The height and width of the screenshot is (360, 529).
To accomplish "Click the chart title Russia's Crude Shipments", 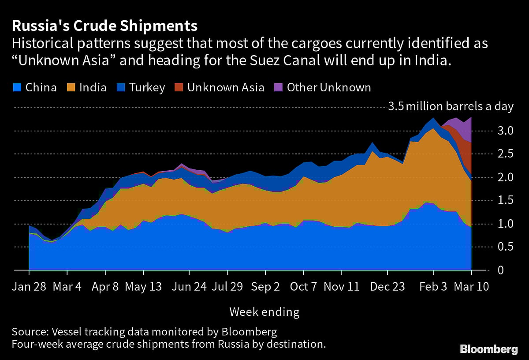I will [104, 26].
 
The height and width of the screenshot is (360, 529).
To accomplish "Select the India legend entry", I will [87, 87].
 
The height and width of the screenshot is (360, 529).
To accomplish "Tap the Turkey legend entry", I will [141, 87].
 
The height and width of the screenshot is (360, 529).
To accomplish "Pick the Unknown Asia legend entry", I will [219, 87].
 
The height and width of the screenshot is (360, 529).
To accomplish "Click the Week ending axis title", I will [264, 312].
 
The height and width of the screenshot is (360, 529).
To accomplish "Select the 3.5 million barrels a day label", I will [451, 107].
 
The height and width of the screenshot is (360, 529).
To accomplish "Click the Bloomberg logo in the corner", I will [489, 349].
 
